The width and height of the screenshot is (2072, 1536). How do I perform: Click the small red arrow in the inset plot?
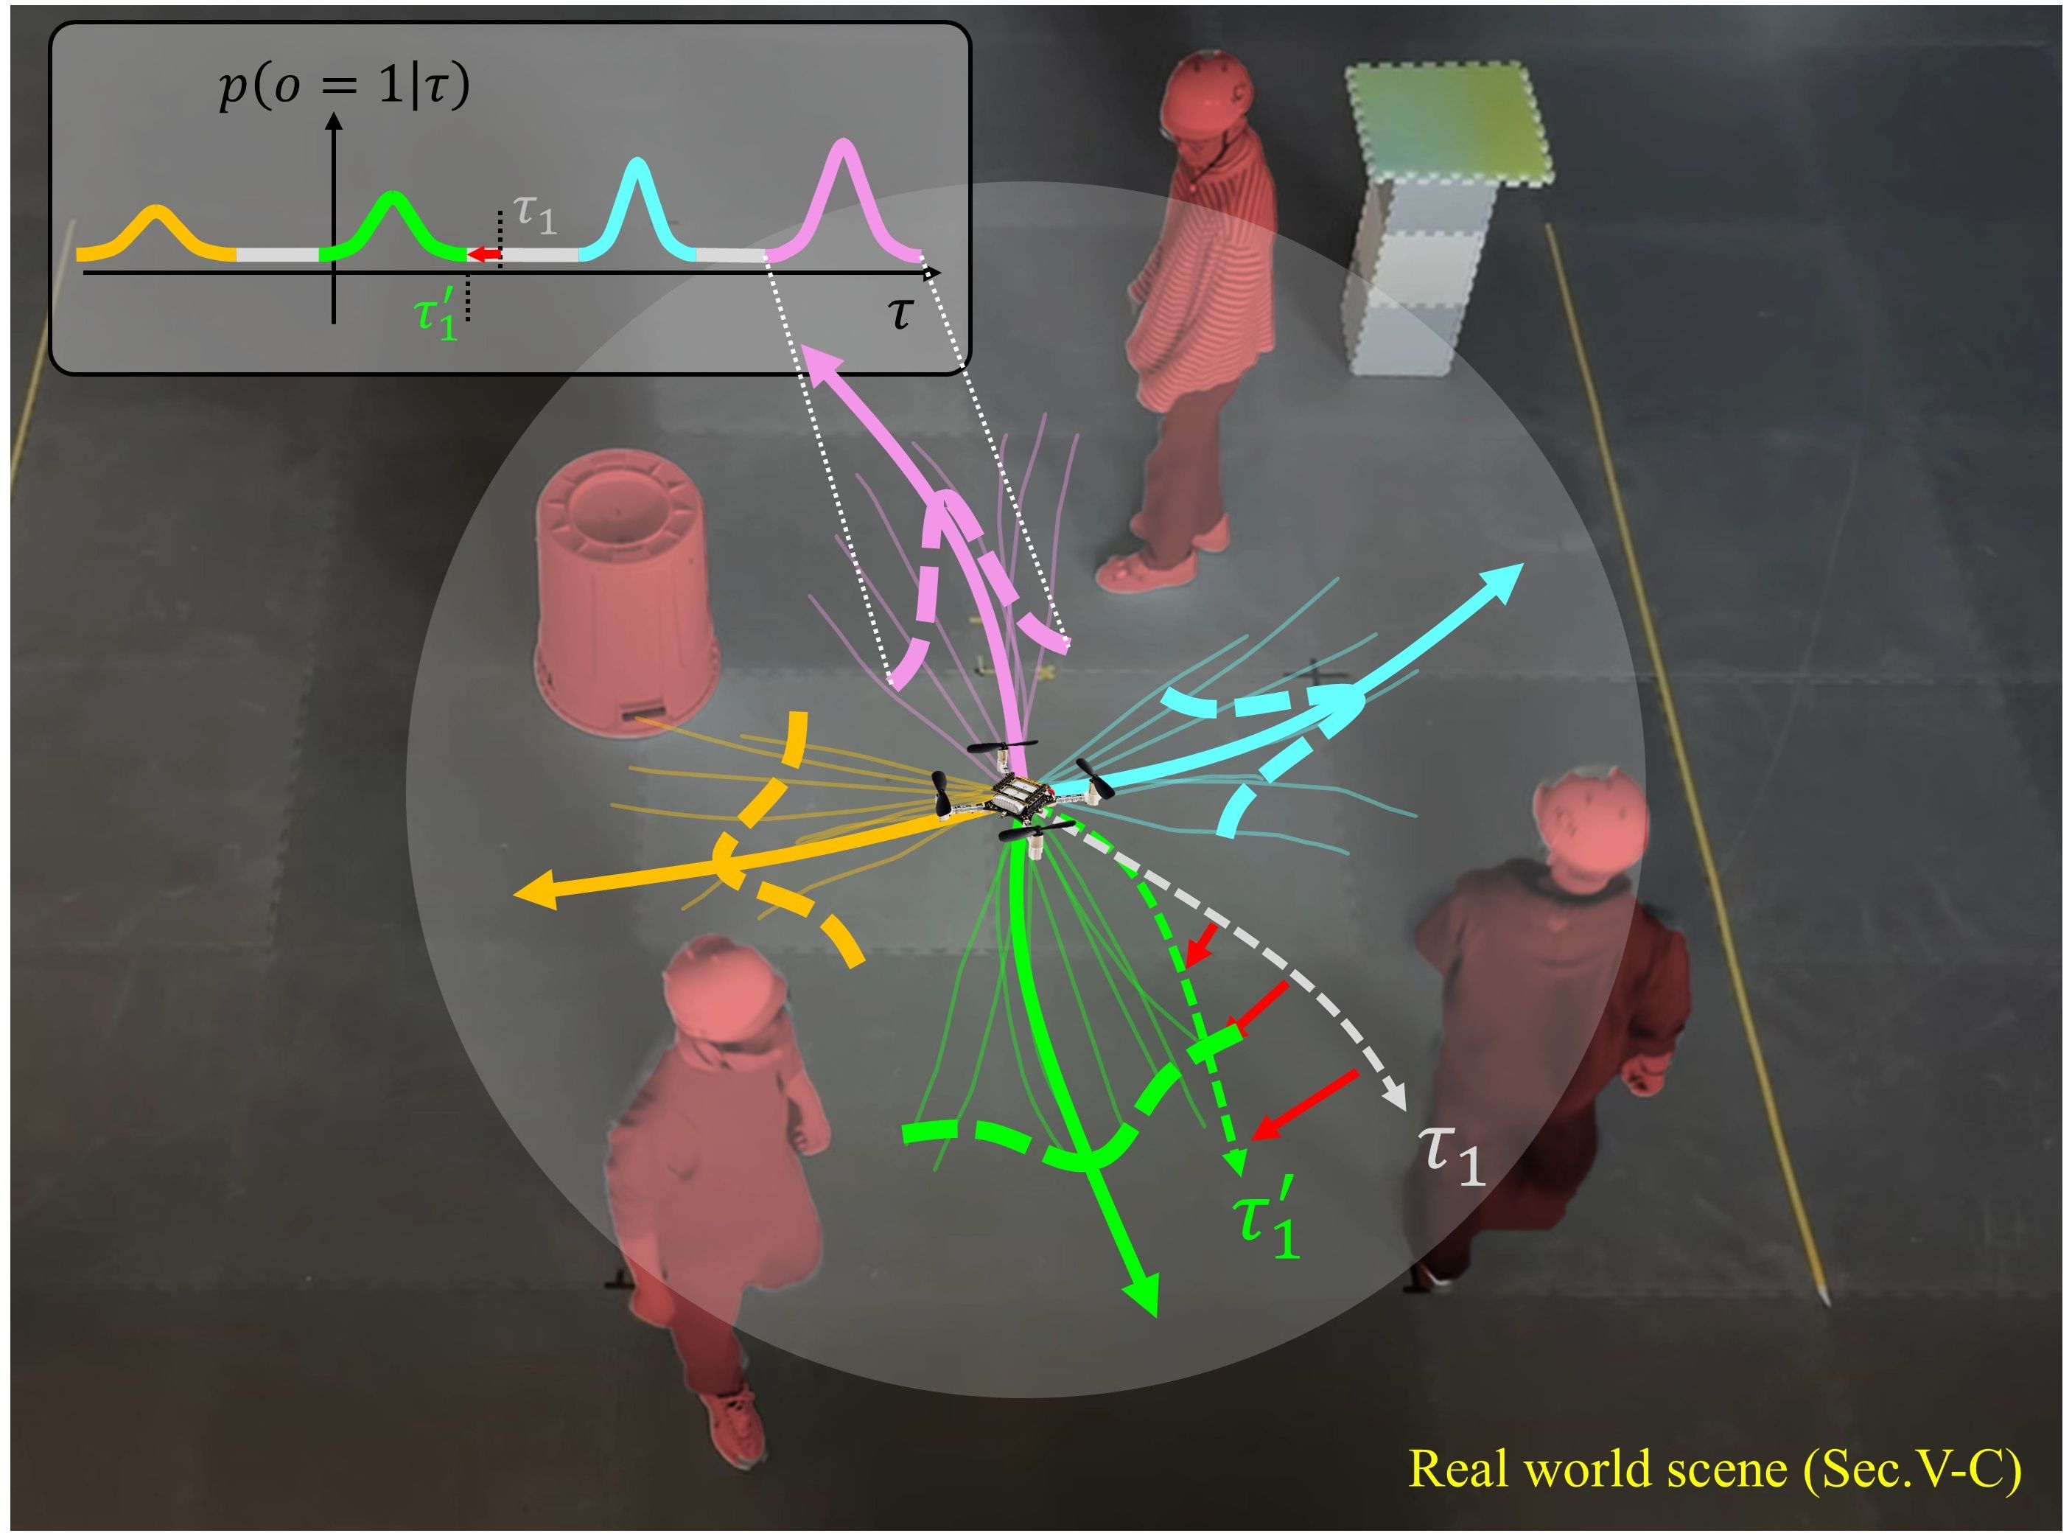[483, 254]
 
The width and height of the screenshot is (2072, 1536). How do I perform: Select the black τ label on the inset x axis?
[900, 313]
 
